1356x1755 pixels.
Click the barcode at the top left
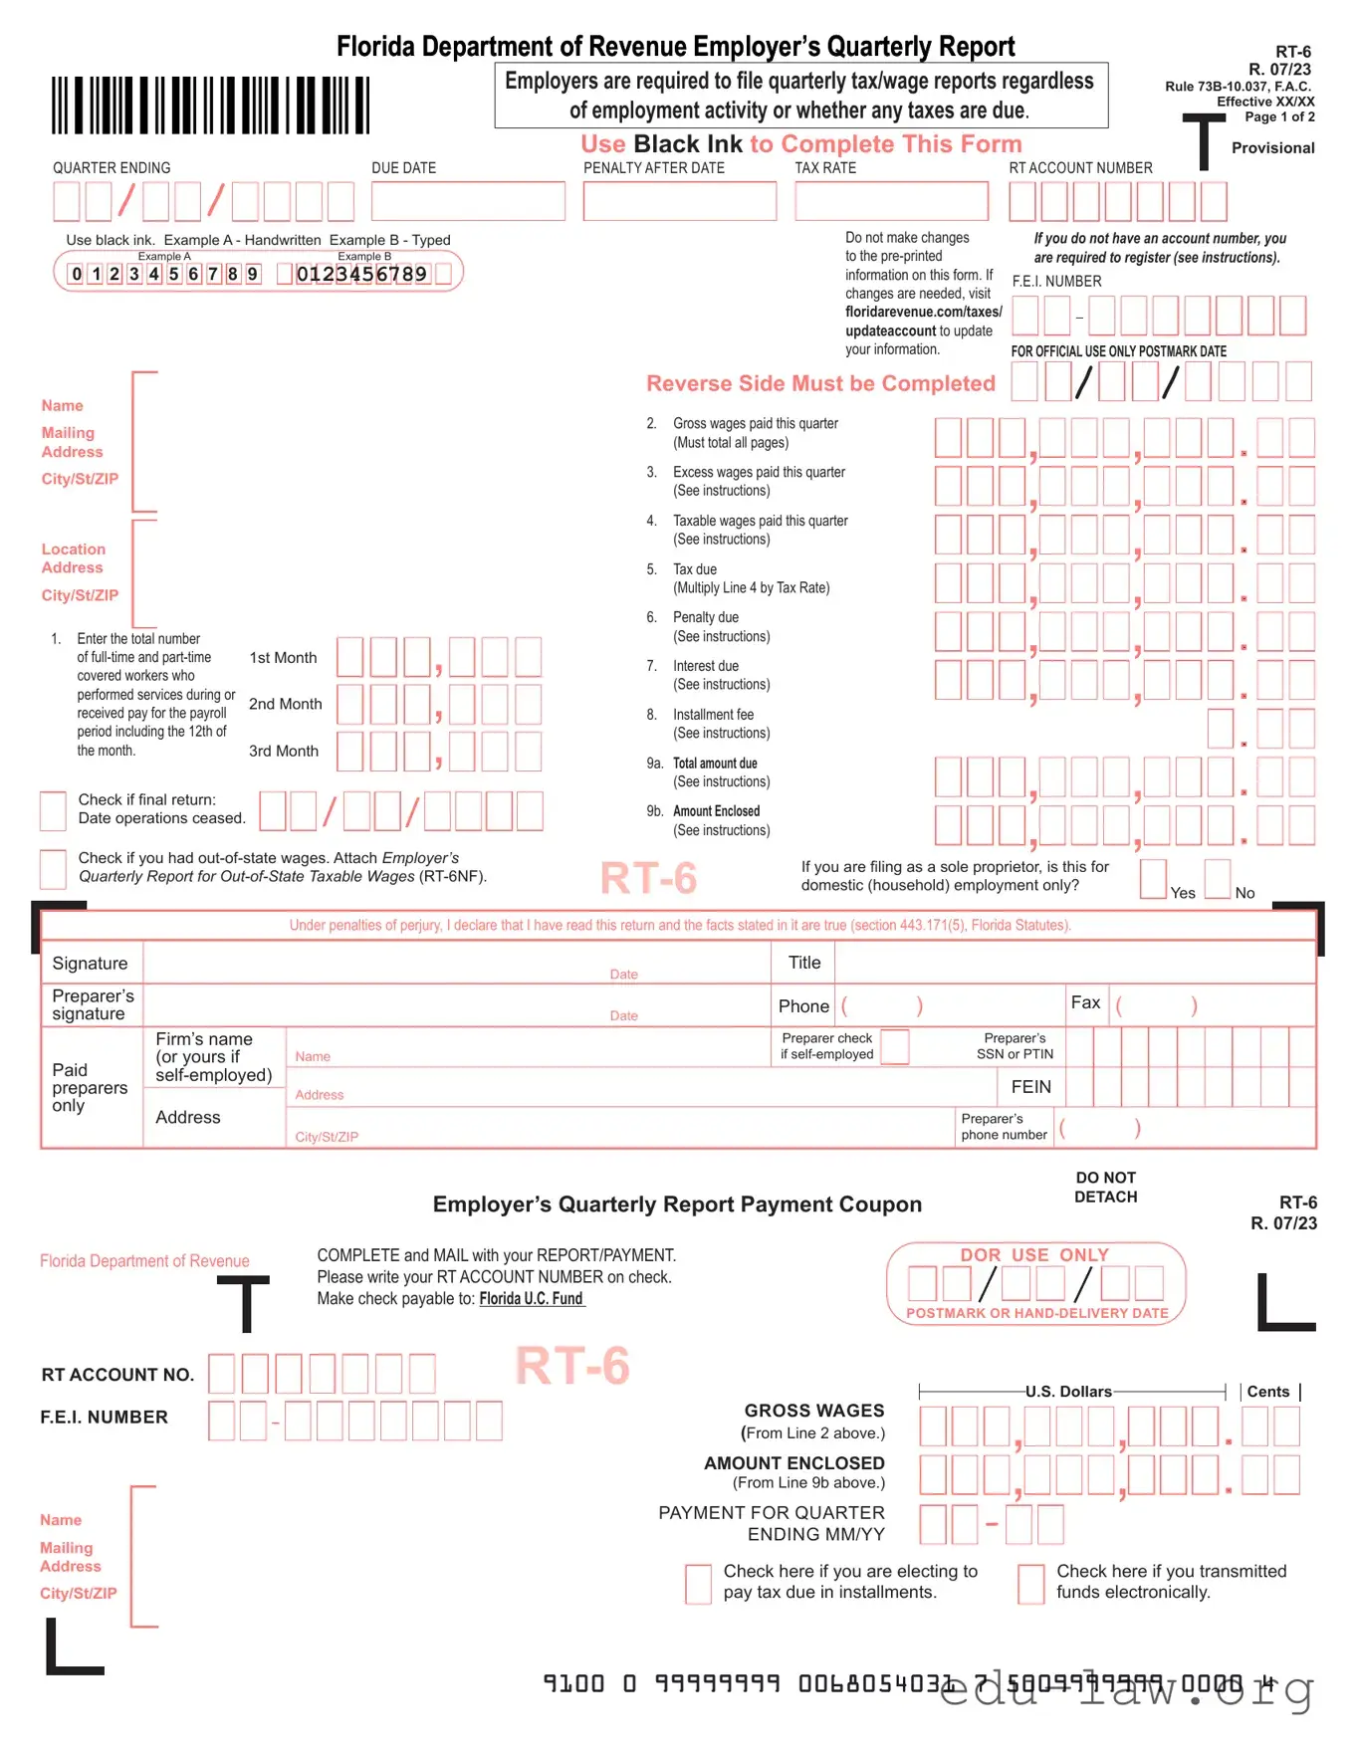click(210, 105)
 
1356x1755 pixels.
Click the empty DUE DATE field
click(468, 201)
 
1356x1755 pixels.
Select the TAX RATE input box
click(891, 201)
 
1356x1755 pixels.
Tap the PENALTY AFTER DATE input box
click(679, 201)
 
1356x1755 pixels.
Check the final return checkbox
click(53, 810)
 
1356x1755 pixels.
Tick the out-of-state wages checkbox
click(53, 869)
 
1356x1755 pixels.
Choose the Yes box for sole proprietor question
click(1153, 879)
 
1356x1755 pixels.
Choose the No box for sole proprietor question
click(1217, 879)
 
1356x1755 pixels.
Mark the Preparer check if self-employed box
click(894, 1047)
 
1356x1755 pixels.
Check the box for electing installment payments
click(698, 1583)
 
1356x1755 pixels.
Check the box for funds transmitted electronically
click(1030, 1583)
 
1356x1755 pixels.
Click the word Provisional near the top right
click(1272, 148)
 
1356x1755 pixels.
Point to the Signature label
click(90, 964)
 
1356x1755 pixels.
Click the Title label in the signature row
click(804, 963)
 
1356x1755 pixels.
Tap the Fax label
click(1085, 1002)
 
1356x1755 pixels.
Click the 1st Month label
click(283, 658)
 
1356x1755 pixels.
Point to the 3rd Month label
click(284, 752)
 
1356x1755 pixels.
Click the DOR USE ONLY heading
click(1034, 1255)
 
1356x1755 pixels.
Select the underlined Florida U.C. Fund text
click(532, 1299)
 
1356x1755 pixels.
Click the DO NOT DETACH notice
click(1105, 1188)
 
